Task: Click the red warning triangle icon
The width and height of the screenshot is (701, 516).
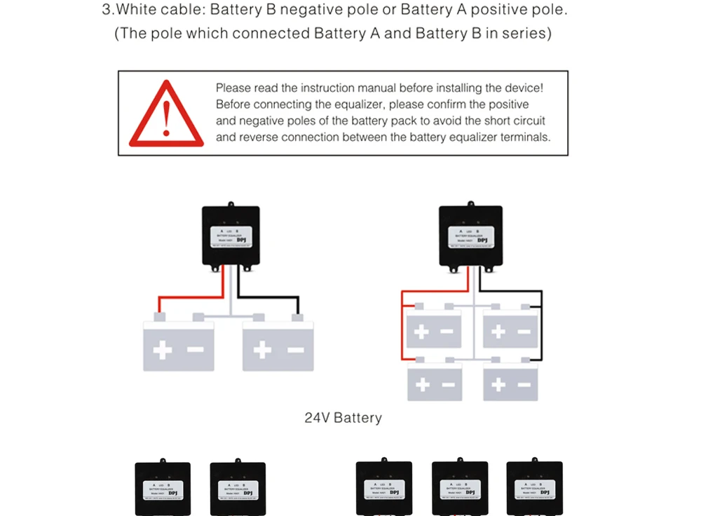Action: click(166, 116)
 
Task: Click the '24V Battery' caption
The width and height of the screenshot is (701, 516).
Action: click(343, 418)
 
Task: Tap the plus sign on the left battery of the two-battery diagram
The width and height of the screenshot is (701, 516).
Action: click(163, 350)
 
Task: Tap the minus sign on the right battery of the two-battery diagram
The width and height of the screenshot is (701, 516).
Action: click(296, 350)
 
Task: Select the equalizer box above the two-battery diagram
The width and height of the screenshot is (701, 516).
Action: click(231, 236)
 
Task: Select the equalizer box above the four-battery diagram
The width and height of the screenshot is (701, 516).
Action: click(470, 237)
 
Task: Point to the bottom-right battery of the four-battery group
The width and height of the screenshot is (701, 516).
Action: click(510, 383)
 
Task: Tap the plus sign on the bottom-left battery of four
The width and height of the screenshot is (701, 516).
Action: click(423, 384)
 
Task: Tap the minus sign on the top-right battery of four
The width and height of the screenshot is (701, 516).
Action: click(524, 331)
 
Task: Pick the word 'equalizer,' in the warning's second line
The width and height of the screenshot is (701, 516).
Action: click(360, 104)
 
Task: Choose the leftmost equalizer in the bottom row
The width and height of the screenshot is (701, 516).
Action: click(163, 489)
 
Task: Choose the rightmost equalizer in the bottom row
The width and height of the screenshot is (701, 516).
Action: click(534, 488)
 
